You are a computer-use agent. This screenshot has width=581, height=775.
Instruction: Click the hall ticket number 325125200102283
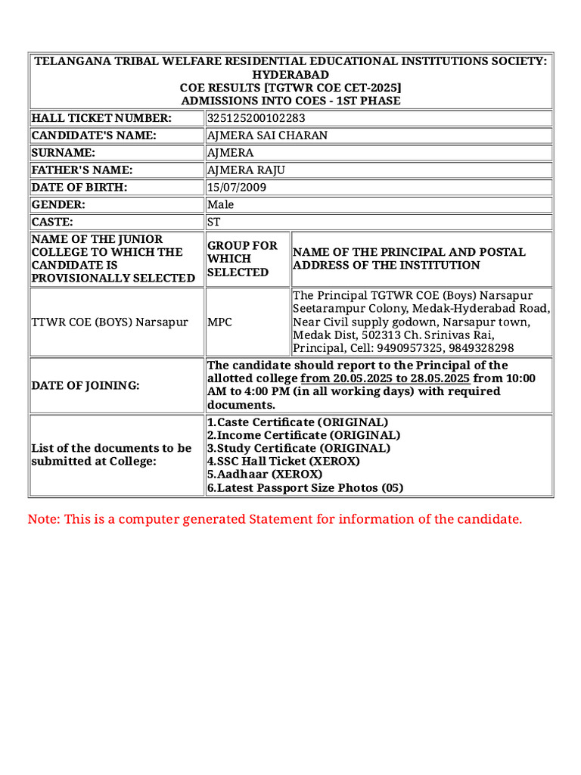point(256,118)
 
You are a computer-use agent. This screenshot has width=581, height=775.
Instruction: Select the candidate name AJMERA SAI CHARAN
point(267,135)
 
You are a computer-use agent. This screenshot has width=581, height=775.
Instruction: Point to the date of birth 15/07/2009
point(236,187)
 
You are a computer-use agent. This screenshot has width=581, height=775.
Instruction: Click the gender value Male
point(220,204)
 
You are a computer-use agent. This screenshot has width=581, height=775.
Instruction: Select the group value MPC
point(219,322)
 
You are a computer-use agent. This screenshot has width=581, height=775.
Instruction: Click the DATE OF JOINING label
point(85,385)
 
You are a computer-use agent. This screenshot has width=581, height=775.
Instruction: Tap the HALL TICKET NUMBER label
point(101,118)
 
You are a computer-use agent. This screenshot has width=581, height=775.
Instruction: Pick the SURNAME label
point(63,153)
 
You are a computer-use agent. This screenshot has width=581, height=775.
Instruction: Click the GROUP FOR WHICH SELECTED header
point(242,259)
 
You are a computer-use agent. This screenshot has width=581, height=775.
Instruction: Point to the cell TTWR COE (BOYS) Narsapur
point(110,322)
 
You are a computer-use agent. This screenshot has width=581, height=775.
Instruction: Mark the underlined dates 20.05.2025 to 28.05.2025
point(386,378)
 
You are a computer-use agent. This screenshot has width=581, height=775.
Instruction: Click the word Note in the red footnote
point(42,519)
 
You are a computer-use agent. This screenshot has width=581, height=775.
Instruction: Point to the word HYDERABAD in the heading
point(290,74)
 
